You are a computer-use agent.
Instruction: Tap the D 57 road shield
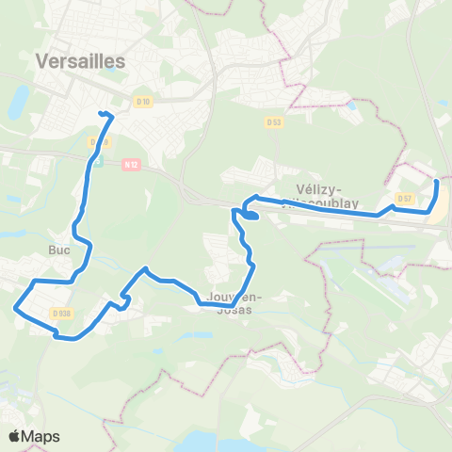coord(405,198)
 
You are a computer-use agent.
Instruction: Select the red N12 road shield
coord(130,163)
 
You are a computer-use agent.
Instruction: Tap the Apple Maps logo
coord(34,436)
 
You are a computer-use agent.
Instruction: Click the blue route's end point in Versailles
coord(99,114)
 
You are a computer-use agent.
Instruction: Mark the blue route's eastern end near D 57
coord(435,179)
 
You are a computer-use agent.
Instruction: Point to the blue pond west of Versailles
coord(19,102)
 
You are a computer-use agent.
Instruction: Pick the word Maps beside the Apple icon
coord(42,436)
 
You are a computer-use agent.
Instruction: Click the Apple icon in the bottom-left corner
coord(15,435)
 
